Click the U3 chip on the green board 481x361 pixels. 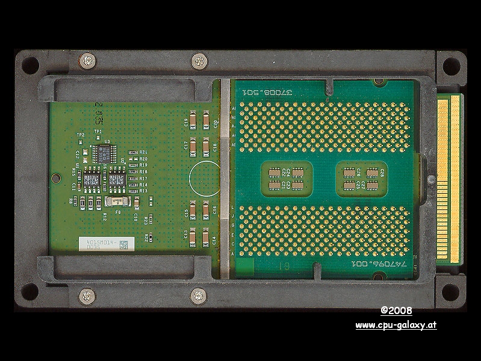pos(105,153)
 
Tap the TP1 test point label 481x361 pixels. pos(98,131)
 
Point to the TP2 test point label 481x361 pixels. pos(80,134)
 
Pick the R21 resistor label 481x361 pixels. pos(143,152)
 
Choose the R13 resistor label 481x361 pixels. pos(143,190)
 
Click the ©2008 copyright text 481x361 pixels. pos(396,311)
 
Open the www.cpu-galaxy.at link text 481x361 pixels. pos(396,326)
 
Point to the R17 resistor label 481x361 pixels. pos(143,178)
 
